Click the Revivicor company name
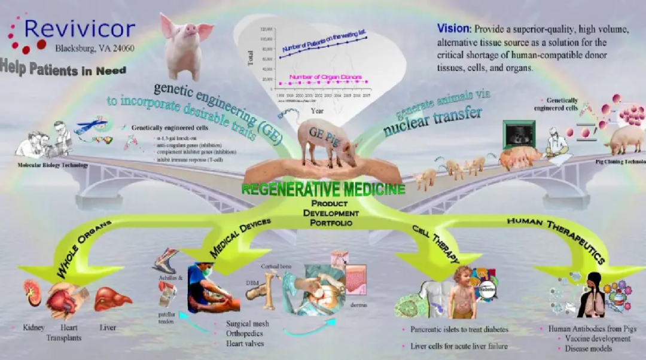click(x=80, y=29)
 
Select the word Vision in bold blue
click(x=453, y=28)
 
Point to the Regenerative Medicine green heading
click(x=324, y=190)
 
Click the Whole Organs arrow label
click(x=85, y=249)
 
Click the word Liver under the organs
click(x=108, y=328)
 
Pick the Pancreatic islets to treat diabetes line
click(x=459, y=330)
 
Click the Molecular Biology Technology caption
click(x=53, y=165)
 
